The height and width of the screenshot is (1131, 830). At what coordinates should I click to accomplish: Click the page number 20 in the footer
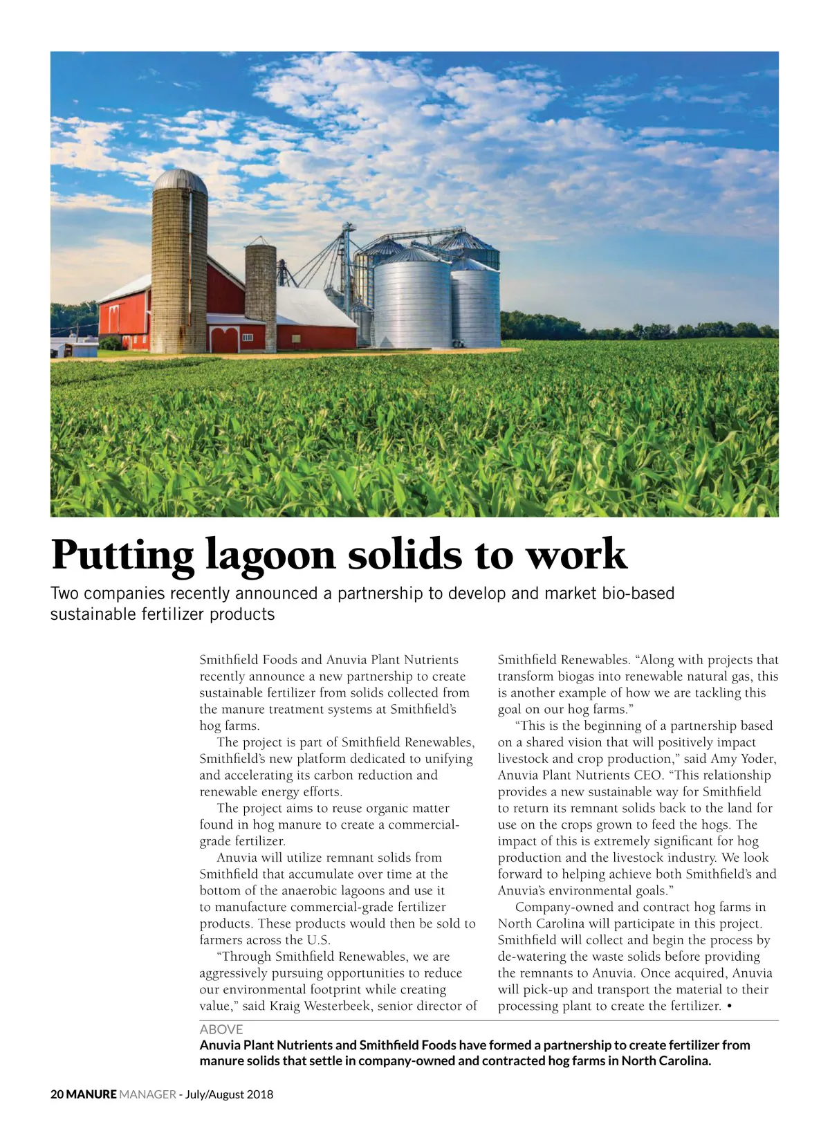click(57, 1094)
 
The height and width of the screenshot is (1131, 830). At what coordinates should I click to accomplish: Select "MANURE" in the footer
click(91, 1094)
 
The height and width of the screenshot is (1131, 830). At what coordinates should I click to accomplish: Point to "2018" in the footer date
click(260, 1094)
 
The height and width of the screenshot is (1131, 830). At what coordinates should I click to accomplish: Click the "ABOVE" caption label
click(221, 1029)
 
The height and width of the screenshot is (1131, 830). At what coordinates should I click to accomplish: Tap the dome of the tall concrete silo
click(180, 181)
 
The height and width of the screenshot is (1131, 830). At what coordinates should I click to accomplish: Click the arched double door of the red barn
click(224, 340)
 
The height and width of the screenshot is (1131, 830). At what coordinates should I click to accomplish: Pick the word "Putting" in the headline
click(122, 555)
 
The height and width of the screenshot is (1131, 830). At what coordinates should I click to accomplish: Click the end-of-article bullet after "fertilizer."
click(730, 1006)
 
